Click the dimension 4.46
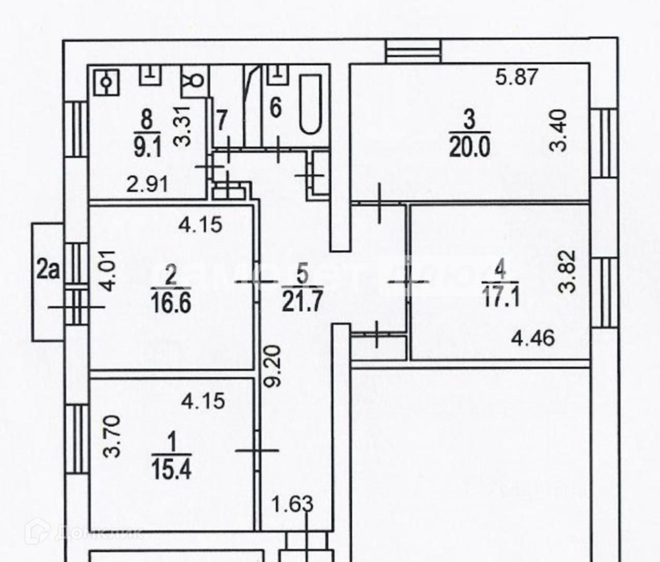[x=533, y=338]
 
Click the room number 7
[x=222, y=121]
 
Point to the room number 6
[x=276, y=108]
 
